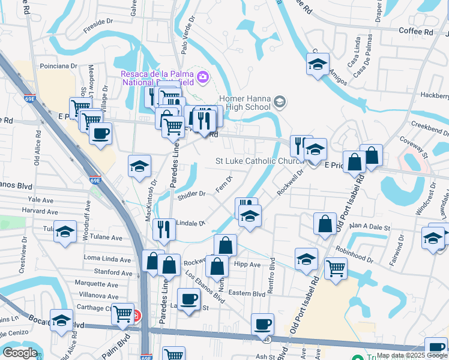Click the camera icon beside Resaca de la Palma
click(x=203, y=76)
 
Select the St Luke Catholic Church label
click(x=262, y=161)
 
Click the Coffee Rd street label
click(x=415, y=31)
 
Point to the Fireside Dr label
click(x=98, y=21)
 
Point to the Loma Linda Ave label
click(x=107, y=259)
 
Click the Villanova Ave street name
click(x=96, y=295)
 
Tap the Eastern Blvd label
click(x=246, y=293)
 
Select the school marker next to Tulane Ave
click(x=64, y=231)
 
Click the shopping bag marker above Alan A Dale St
click(x=325, y=223)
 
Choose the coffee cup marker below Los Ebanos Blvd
click(x=189, y=298)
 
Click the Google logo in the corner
click(x=20, y=353)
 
